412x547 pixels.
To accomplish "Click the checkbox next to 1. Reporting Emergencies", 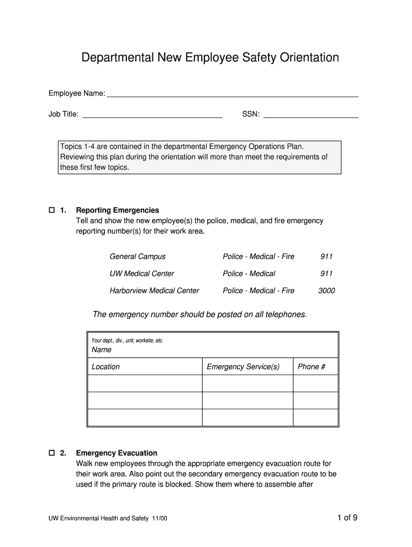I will coord(52,210).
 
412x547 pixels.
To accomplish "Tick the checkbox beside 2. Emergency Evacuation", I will coord(52,453).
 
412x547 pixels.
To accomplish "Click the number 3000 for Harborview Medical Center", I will coord(326,291).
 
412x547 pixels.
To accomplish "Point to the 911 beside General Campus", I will coord(326,256).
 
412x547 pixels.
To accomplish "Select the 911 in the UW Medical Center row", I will coord(326,273).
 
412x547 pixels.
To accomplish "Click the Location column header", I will coord(106,366).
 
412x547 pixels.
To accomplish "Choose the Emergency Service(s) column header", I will coord(243,366).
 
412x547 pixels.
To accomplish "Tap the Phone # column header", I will coord(311,366).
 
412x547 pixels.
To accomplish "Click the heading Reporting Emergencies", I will coord(118,210).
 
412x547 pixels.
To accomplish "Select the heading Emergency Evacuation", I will coord(117,453).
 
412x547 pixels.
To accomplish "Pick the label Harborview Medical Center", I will coord(154,291).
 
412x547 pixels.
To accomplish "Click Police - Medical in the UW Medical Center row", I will coord(249,273).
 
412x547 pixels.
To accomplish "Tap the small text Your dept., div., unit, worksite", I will coord(127,340).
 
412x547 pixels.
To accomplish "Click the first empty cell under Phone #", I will coord(315,384).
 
